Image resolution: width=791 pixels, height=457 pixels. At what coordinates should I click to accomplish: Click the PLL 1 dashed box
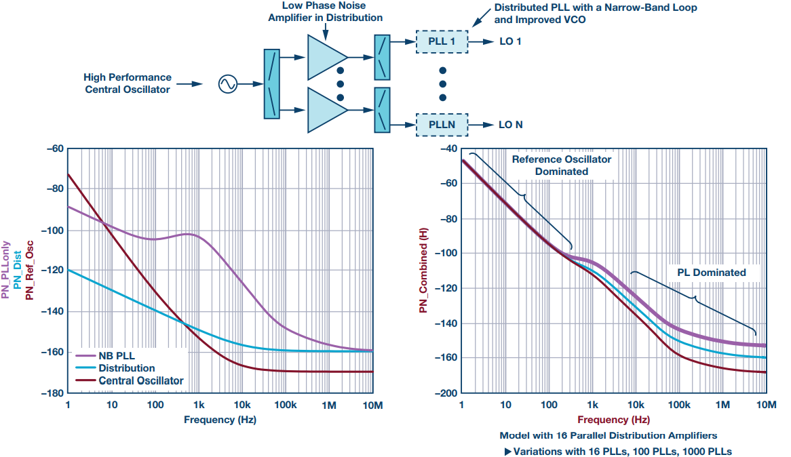coord(442,42)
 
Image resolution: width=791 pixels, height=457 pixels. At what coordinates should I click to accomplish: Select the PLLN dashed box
coord(442,125)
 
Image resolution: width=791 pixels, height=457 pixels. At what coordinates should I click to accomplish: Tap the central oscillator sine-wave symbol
coord(227,84)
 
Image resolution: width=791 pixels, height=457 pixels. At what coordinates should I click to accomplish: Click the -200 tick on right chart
coord(446,393)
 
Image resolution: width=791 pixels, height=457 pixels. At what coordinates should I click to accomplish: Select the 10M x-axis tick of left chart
coord(372,405)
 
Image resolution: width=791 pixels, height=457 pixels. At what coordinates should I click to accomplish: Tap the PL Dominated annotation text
coord(711,273)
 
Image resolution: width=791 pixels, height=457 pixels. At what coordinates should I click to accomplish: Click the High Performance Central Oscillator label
coord(128,83)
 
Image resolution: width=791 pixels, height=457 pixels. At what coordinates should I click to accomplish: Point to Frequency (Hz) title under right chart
coord(613,420)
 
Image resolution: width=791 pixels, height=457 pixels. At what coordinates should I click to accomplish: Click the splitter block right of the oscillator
coord(271,84)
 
